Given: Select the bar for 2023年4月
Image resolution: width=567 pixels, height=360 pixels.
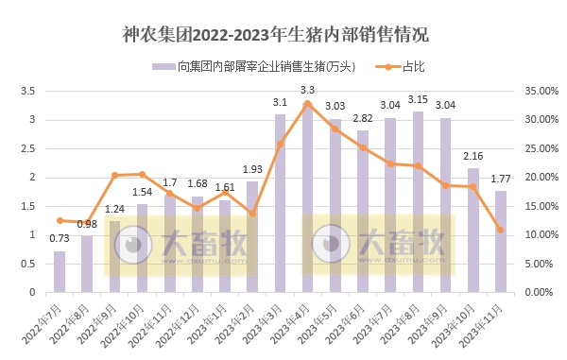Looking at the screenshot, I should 308,198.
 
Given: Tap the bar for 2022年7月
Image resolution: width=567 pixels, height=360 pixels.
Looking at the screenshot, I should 60,271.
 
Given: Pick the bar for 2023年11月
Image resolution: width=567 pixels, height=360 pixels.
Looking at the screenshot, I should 500,241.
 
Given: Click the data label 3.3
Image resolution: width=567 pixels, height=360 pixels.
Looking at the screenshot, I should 307,90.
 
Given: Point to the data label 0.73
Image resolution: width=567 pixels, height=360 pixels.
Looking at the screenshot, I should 60,239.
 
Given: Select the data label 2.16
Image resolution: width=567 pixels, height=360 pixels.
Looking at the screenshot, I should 472,155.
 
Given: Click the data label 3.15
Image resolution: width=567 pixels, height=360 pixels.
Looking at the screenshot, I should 418,99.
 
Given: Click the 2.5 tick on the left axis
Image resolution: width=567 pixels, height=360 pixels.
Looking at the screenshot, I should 26,148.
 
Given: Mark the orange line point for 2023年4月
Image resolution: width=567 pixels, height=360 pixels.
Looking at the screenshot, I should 307,104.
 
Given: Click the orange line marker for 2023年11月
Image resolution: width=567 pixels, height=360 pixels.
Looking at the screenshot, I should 500,230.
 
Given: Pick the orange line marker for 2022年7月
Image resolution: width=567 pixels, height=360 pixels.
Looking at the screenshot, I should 60,220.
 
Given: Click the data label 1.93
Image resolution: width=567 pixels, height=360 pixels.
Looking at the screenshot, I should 252,169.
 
